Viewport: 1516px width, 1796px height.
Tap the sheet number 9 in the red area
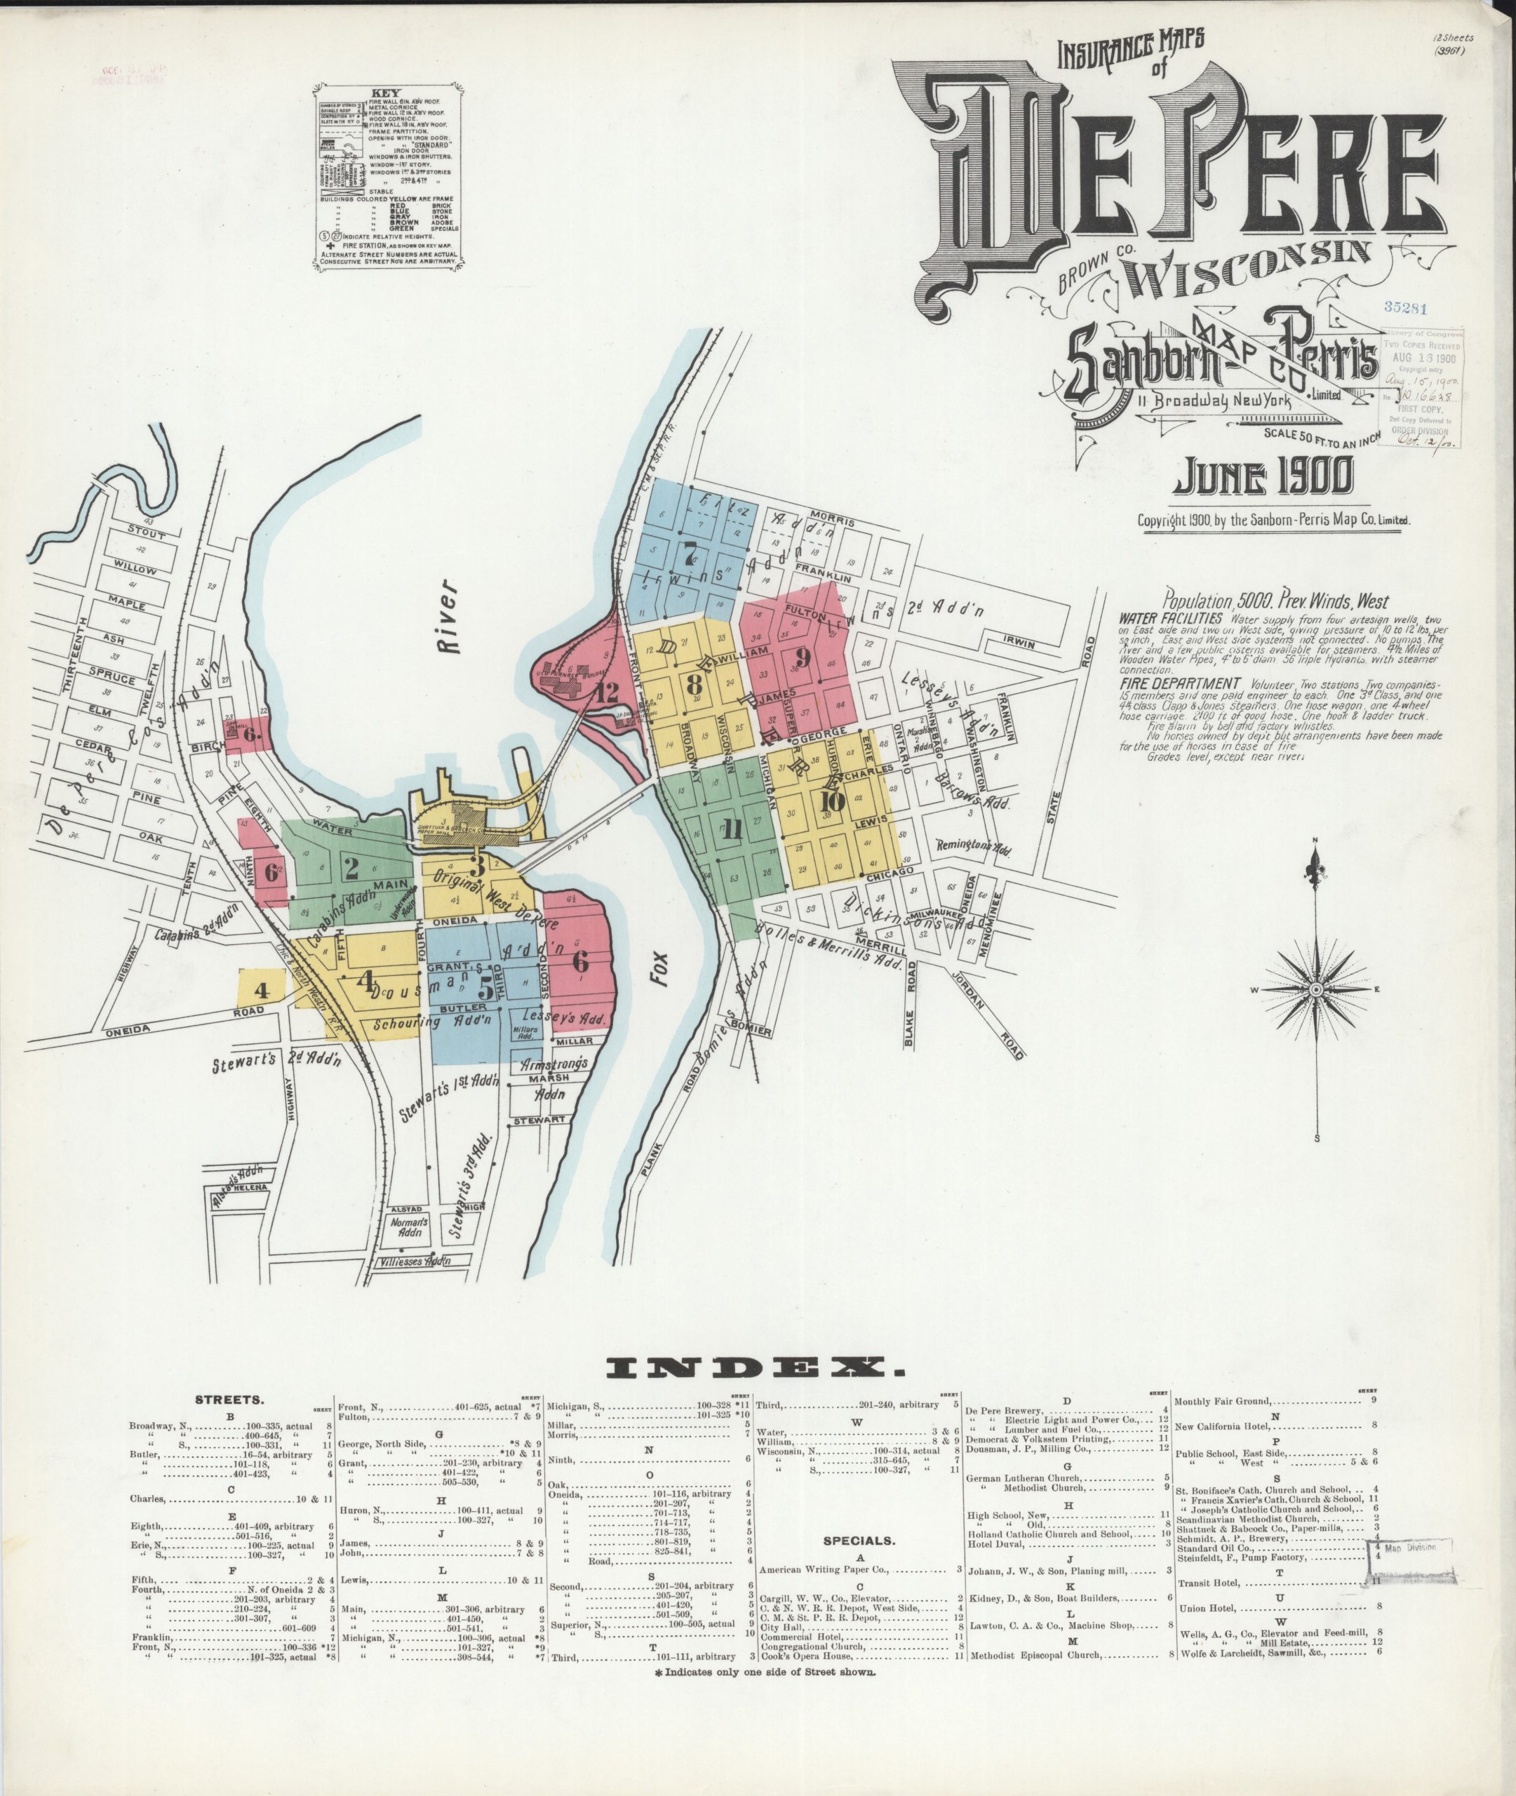803,659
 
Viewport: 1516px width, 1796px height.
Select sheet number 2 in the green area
351,868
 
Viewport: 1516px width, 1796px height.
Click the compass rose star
1316,989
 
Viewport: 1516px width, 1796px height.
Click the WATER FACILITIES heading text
1171,619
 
